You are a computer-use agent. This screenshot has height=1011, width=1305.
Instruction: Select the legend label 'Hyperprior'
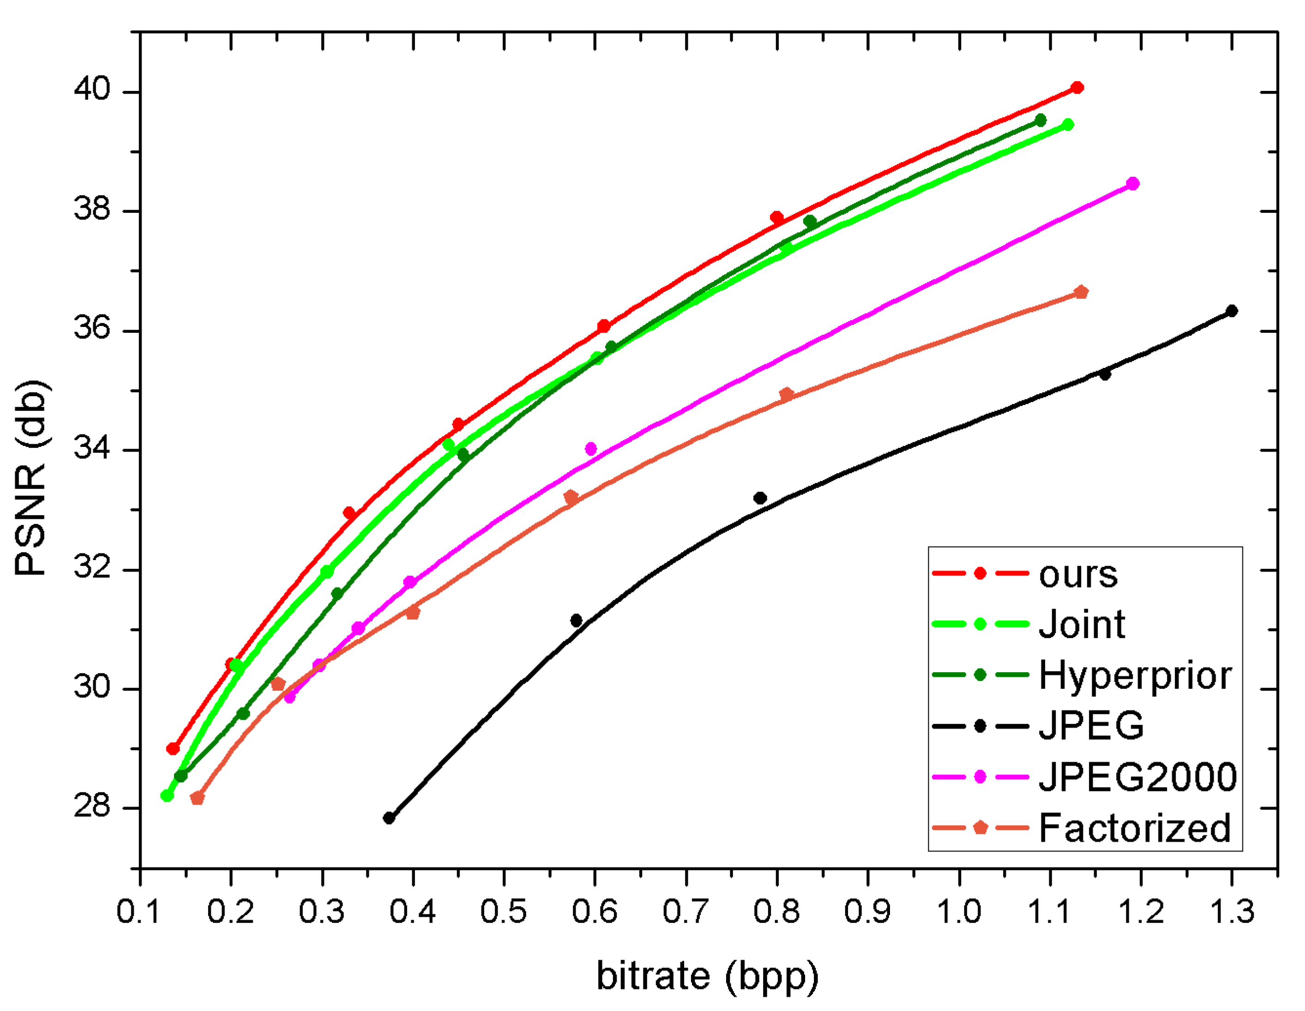pos(1135,676)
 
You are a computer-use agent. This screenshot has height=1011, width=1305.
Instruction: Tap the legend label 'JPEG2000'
pos(1137,777)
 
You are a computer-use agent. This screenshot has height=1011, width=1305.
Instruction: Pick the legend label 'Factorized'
pos(1134,828)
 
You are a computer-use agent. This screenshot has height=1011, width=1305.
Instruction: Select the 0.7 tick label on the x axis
pos(686,912)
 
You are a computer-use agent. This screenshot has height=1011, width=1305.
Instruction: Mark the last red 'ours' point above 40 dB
pos(1077,88)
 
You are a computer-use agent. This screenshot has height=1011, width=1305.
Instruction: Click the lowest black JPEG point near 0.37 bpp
pos(389,818)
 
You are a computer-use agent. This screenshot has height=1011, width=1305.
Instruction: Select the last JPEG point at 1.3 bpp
pos(1232,311)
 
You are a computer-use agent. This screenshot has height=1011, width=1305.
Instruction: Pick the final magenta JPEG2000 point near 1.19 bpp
pos(1132,183)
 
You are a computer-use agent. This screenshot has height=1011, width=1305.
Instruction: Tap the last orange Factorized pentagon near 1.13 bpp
pos(1080,292)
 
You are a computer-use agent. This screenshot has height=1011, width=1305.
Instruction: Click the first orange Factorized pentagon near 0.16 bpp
pos(197,798)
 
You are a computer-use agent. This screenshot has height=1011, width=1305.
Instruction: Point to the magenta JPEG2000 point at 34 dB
pos(591,449)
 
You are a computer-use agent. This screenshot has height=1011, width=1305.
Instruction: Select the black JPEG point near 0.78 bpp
pos(760,498)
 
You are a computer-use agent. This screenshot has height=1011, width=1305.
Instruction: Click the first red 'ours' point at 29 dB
pos(173,749)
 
